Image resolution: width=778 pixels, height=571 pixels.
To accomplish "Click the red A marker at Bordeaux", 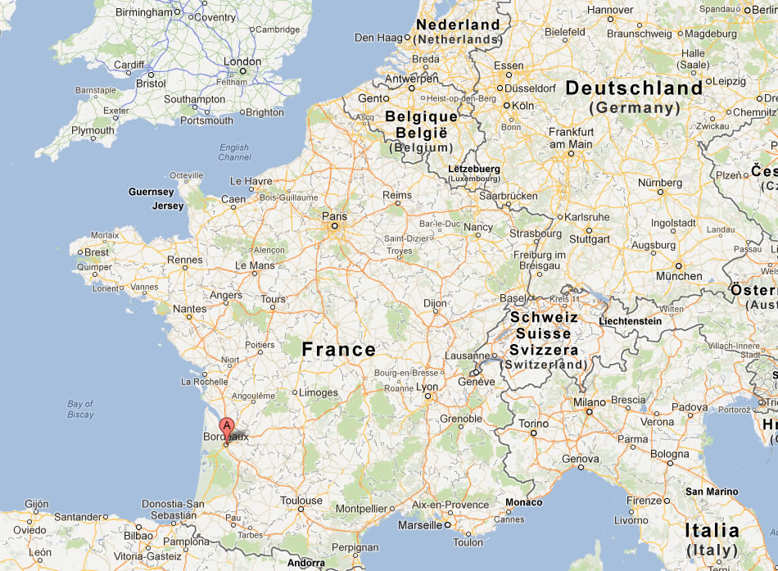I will click(228, 426).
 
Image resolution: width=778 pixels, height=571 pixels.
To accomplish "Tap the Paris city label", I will click(334, 217).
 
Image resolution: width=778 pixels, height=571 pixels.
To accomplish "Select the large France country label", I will click(339, 350).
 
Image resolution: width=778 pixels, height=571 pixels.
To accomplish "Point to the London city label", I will click(242, 61).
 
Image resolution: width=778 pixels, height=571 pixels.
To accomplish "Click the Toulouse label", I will click(301, 501).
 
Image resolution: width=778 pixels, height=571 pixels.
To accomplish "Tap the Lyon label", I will click(427, 387).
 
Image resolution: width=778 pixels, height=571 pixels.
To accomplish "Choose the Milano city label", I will click(589, 402).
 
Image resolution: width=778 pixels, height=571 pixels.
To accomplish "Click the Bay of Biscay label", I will click(80, 409).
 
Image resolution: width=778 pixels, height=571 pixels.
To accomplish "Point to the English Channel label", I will click(234, 152).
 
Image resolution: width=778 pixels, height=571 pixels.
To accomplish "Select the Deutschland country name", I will click(634, 88).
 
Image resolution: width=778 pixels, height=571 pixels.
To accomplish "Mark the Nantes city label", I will click(189, 309).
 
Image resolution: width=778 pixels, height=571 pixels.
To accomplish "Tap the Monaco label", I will click(524, 502).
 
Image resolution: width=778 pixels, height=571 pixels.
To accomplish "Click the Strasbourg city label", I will click(536, 233).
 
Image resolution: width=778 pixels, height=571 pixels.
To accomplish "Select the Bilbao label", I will click(138, 535).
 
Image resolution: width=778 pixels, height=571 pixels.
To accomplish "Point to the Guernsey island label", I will click(151, 192).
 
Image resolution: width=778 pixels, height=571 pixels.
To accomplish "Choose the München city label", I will click(679, 276).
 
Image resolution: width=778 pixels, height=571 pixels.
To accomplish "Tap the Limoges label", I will click(319, 392).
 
